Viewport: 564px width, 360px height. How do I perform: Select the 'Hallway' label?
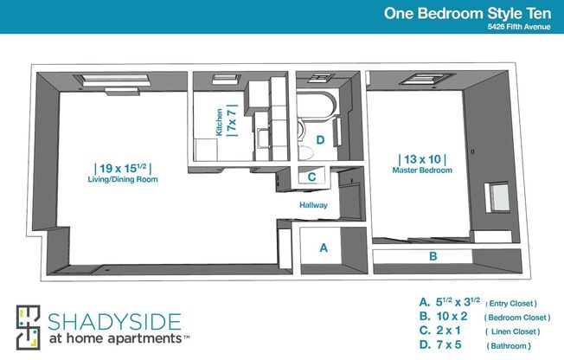click(x=313, y=206)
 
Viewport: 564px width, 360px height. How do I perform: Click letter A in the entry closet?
click(x=324, y=247)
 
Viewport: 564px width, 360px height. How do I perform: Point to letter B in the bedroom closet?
click(x=433, y=256)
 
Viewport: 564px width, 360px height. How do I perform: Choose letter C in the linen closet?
click(x=311, y=177)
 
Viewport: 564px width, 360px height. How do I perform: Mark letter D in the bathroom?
click(x=320, y=139)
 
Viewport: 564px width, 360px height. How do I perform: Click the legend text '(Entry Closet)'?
click(x=511, y=304)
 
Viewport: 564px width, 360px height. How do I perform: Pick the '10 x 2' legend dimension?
click(x=452, y=317)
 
